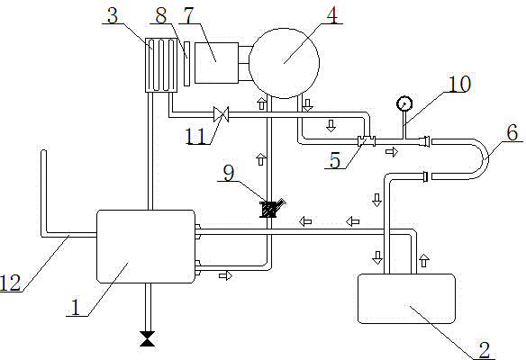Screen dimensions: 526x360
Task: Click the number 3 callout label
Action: coord(113,15)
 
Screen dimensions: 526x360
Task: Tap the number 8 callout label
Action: coord(161,15)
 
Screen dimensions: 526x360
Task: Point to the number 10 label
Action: coord(459,84)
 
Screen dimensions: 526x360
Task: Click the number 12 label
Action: coord(11,283)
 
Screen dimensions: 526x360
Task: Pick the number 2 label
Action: coord(485,351)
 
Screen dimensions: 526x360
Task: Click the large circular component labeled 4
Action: coord(284,63)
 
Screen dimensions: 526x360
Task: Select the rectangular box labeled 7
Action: coord(216,63)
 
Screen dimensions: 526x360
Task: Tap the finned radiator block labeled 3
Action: coord(161,65)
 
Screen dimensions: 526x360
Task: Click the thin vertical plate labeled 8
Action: coord(186,64)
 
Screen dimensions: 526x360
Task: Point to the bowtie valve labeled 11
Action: coord(221,114)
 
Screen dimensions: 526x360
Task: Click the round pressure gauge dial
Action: coord(404,103)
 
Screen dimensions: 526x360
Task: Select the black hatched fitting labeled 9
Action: coord(269,209)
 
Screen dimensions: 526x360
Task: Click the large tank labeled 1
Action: coord(146,247)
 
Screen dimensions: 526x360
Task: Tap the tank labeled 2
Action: coord(406,299)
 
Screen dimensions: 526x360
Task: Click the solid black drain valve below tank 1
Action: coord(148,338)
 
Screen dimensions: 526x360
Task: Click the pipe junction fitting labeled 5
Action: coord(367,140)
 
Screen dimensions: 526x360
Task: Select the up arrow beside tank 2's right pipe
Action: coord(424,260)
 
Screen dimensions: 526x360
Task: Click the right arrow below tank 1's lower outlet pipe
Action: coord(226,275)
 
